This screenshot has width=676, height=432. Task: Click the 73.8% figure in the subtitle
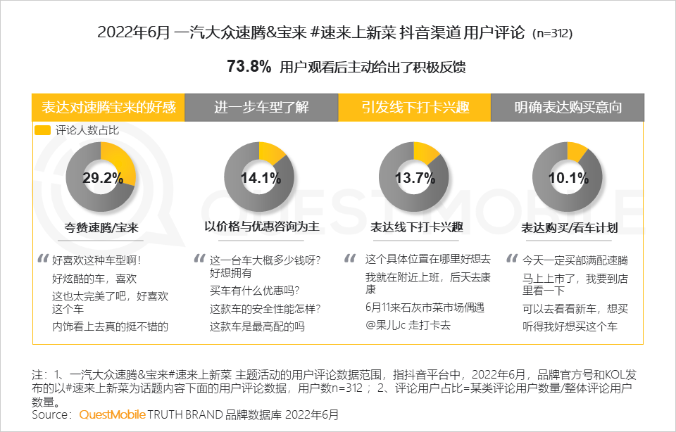pos(249,67)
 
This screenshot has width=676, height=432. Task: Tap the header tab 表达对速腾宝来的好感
pos(108,108)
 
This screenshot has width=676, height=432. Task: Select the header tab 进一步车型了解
pos(261,108)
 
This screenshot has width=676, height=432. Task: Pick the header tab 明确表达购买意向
pos(568,108)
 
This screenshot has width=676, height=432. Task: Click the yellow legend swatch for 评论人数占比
pos(42,130)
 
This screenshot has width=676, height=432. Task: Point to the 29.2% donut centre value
pos(103,177)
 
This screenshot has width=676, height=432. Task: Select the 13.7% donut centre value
pos(415,177)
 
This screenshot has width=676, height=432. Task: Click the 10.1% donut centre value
pos(568,177)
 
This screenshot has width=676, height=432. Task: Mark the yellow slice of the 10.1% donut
pos(577,150)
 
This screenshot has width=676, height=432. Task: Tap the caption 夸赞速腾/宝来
pos(103,227)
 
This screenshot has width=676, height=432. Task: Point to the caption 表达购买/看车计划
pos(570,227)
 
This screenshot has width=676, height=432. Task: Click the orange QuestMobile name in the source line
pos(111,415)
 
